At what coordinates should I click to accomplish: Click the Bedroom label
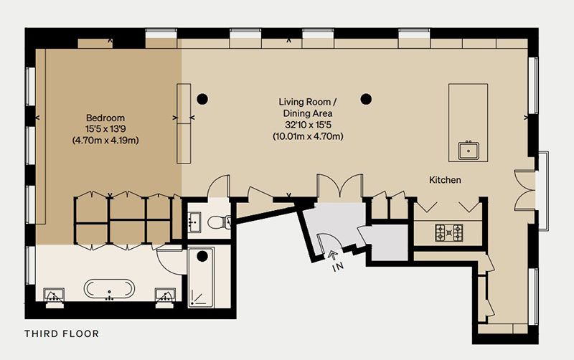pyautogui.click(x=105, y=118)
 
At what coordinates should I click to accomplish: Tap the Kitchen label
pyautogui.click(x=445, y=180)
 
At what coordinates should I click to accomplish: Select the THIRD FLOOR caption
pyautogui.click(x=62, y=333)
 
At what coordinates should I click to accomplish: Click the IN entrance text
pyautogui.click(x=338, y=267)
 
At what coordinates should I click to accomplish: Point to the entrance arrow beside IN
pyautogui.click(x=333, y=255)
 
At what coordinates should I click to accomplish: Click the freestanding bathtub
pyautogui.click(x=109, y=289)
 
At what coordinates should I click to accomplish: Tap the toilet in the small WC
pyautogui.click(x=219, y=222)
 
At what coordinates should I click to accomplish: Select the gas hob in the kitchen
pyautogui.click(x=449, y=232)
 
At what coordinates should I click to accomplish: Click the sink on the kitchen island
pyautogui.click(x=469, y=150)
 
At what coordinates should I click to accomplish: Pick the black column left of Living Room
pyautogui.click(x=202, y=99)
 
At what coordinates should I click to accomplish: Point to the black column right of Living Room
pyautogui.click(x=366, y=99)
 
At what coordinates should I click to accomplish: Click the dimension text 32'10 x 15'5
pyautogui.click(x=309, y=125)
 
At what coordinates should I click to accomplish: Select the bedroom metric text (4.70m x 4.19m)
pyautogui.click(x=105, y=140)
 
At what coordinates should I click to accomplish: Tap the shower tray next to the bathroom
pyautogui.click(x=201, y=278)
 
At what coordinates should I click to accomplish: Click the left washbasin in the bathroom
pyautogui.click(x=55, y=295)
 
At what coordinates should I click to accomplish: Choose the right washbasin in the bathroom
pyautogui.click(x=166, y=295)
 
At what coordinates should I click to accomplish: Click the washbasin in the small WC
pyautogui.click(x=194, y=222)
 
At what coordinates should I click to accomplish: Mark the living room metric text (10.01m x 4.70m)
pyautogui.click(x=309, y=136)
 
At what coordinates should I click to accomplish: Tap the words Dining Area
pyautogui.click(x=308, y=113)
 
